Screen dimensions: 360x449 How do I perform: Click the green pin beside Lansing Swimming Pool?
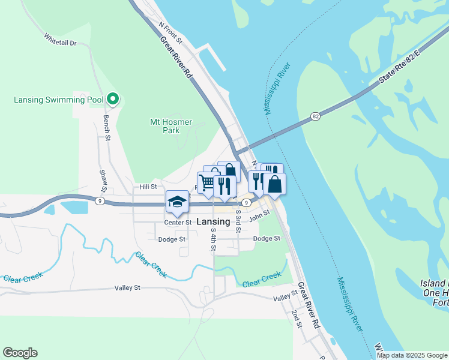point(112,99)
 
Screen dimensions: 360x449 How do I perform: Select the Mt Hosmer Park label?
point(170,126)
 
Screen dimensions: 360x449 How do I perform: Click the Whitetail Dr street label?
point(60,38)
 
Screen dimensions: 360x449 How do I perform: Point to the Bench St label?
point(106,128)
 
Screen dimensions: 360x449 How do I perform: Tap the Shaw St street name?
point(103,177)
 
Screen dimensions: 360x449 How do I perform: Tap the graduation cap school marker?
point(177,202)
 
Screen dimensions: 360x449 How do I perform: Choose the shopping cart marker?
point(206,182)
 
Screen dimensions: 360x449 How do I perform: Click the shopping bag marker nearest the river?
point(274,184)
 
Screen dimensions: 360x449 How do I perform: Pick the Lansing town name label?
point(213,221)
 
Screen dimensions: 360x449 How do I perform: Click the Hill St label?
point(148,187)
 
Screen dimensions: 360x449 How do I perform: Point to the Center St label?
point(177,222)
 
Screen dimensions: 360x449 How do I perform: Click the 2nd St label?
point(297,319)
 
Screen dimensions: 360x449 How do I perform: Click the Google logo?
point(20,353)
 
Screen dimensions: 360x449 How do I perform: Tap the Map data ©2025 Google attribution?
point(411,355)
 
